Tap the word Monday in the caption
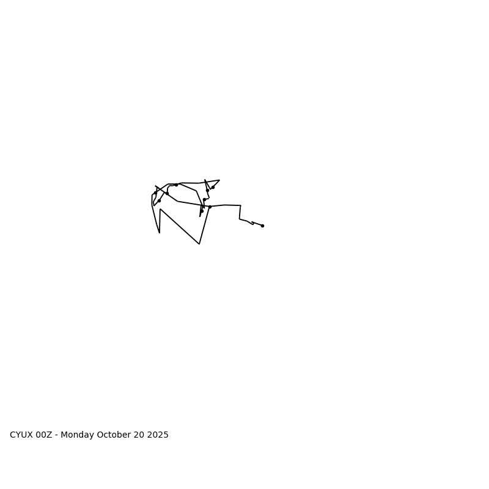pyautogui.click(x=78, y=435)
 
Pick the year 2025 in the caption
pyautogui.click(x=158, y=435)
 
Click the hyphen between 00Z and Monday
pyautogui.click(x=57, y=435)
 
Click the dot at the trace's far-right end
pyautogui.click(x=262, y=226)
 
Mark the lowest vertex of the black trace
pyautogui.click(x=199, y=244)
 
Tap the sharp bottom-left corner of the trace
pyautogui.click(x=160, y=233)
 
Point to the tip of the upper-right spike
pyautogui.click(x=219, y=180)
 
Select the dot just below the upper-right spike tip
pyautogui.click(x=213, y=187)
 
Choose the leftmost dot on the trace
pyautogui.click(x=155, y=194)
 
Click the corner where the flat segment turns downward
pyautogui.click(x=241, y=205)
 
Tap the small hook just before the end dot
pyautogui.click(x=252, y=224)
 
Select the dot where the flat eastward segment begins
pyautogui.click(x=210, y=207)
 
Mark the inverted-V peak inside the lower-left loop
pyautogui.click(x=160, y=209)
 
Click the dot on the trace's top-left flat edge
pyautogui.click(x=176, y=185)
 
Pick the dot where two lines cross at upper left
pyautogui.click(x=167, y=193)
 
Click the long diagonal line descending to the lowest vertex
pyautogui.click(x=180, y=227)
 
